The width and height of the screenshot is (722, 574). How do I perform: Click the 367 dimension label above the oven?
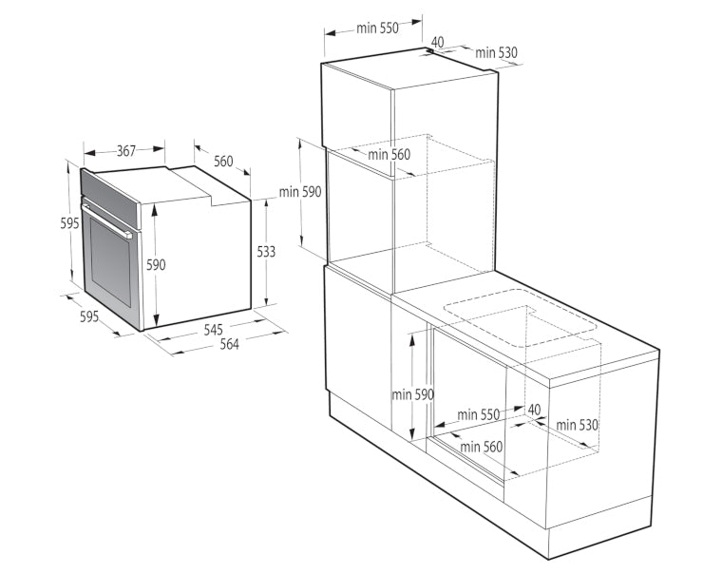pyautogui.click(x=125, y=151)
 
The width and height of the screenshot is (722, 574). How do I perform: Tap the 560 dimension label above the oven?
pyautogui.click(x=223, y=162)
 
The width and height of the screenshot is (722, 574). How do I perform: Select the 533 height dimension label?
pyautogui.click(x=266, y=252)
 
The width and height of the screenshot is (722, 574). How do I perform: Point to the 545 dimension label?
pyautogui.click(x=213, y=329)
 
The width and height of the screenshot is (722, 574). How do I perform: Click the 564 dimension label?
pyautogui.click(x=229, y=344)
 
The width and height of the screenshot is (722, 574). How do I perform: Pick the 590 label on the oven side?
pyautogui.click(x=156, y=264)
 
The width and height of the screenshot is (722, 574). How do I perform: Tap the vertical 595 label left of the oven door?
pyautogui.click(x=69, y=223)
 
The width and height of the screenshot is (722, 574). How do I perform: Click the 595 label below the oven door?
pyautogui.click(x=89, y=316)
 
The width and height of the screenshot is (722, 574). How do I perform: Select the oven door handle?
pyautogui.click(x=106, y=220)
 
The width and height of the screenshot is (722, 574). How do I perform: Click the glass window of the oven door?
pyautogui.click(x=110, y=261)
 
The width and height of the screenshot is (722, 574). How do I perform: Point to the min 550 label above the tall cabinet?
pyautogui.click(x=377, y=29)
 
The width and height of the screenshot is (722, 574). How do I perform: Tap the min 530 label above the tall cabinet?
pyautogui.click(x=496, y=53)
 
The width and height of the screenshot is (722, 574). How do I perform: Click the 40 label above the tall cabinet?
pyautogui.click(x=437, y=42)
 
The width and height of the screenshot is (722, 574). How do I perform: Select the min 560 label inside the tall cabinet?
pyautogui.click(x=389, y=154)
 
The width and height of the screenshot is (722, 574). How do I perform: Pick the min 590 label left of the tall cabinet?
pyautogui.click(x=300, y=192)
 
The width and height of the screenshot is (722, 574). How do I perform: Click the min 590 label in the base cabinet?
pyautogui.click(x=412, y=394)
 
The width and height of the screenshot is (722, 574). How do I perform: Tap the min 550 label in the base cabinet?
pyautogui.click(x=478, y=414)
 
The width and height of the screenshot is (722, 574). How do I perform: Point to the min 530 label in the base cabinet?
pyautogui.click(x=577, y=425)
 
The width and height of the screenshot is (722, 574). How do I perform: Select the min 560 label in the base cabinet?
pyautogui.click(x=481, y=447)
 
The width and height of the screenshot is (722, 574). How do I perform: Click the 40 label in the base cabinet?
pyautogui.click(x=534, y=409)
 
